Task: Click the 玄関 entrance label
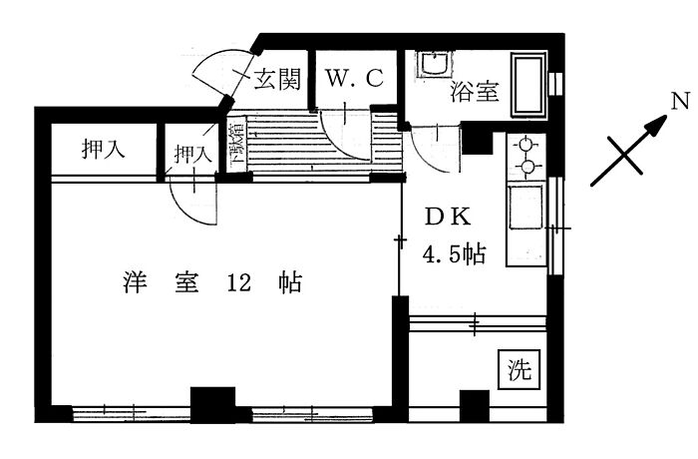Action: coord(277,80)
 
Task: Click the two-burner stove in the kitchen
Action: coord(525,156)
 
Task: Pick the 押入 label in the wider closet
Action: coord(102,151)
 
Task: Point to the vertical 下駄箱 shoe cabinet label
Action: coord(237,143)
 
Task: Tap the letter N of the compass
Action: coord(679,101)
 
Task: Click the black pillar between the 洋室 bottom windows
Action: coord(210,404)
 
